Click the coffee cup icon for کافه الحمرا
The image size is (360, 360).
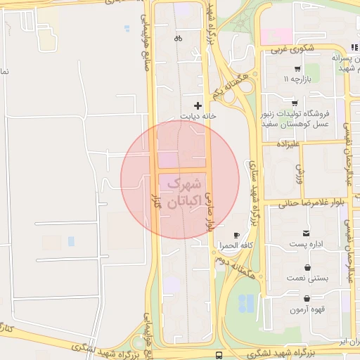click(x=236, y=235)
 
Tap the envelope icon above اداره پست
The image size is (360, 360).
click(x=306, y=233)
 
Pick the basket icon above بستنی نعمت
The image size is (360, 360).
click(x=308, y=268)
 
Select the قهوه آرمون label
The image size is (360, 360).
click(x=307, y=309)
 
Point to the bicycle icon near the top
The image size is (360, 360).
click(x=179, y=38)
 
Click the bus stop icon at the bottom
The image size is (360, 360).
click(x=220, y=355)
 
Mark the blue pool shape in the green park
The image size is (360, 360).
click(x=246, y=303)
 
